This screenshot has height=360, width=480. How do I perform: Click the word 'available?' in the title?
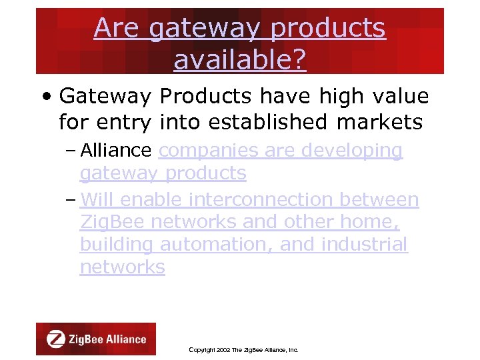240,60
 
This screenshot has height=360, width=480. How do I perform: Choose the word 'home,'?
376,222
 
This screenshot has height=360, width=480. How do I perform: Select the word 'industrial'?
364,245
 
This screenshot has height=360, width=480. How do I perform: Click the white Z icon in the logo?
56,339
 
